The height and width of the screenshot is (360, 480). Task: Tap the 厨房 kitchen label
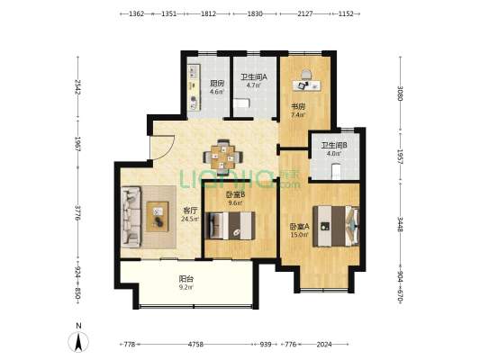217,83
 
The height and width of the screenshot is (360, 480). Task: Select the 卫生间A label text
254,77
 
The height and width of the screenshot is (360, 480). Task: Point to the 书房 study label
298,107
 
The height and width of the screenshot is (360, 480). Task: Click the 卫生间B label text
334,145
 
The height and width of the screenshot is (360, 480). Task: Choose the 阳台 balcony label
186,279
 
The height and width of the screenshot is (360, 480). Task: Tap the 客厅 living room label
190,211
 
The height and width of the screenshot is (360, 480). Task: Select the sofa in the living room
131,217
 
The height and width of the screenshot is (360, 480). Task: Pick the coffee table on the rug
158,217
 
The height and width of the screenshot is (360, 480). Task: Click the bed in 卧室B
231,225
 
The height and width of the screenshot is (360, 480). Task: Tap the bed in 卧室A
336,226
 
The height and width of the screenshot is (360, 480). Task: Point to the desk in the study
307,85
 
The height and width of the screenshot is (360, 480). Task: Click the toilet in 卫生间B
336,172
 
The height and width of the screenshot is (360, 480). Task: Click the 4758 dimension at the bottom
195,345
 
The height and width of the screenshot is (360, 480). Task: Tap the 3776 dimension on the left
77,213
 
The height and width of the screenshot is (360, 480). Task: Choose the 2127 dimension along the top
305,13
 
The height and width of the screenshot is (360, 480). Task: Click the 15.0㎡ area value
299,235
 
